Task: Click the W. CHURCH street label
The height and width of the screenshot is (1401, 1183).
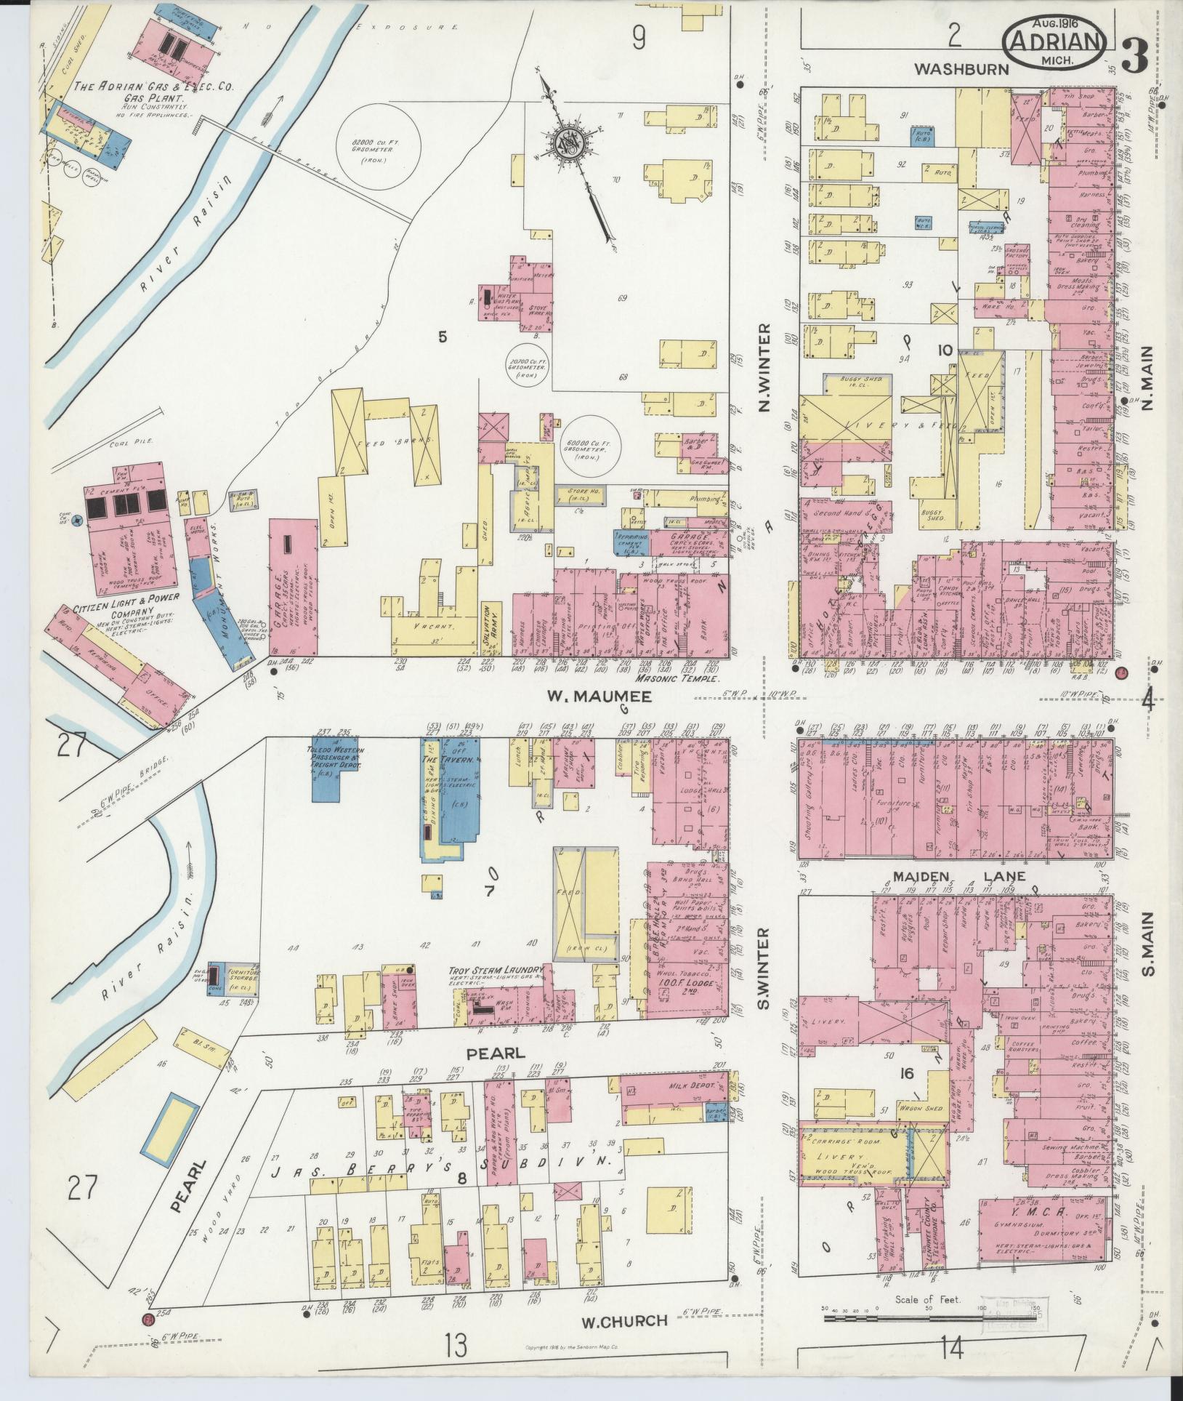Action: [x=623, y=1320]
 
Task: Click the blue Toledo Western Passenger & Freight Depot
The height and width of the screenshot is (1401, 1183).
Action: [x=331, y=772]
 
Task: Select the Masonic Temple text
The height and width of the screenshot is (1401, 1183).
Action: [x=676, y=678]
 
